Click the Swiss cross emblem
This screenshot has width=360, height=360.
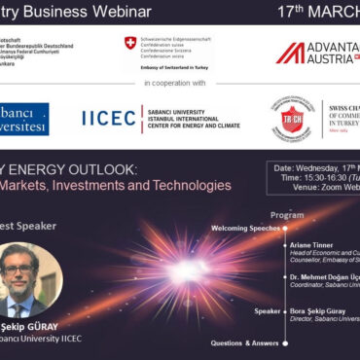tap(130, 44)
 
